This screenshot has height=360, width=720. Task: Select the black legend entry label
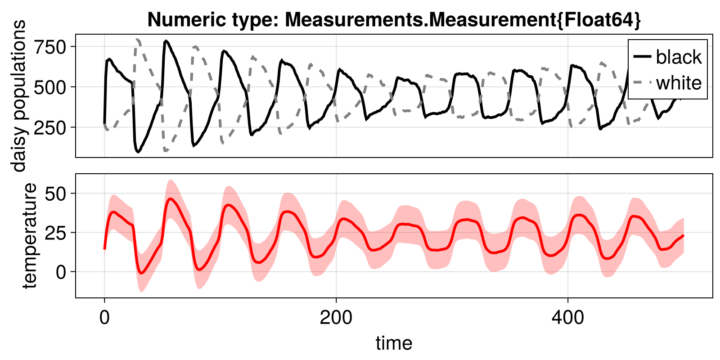click(x=679, y=57)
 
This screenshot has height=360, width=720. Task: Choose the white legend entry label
click(x=679, y=83)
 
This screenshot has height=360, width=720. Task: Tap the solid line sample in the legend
click(x=642, y=57)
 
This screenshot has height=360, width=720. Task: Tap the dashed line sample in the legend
click(x=642, y=82)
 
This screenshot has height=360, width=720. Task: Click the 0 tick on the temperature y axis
click(x=60, y=272)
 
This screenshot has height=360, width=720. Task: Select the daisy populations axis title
click(x=19, y=96)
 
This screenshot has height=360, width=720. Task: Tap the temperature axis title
click(x=29, y=235)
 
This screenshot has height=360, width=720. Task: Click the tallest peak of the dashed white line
click(x=137, y=40)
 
